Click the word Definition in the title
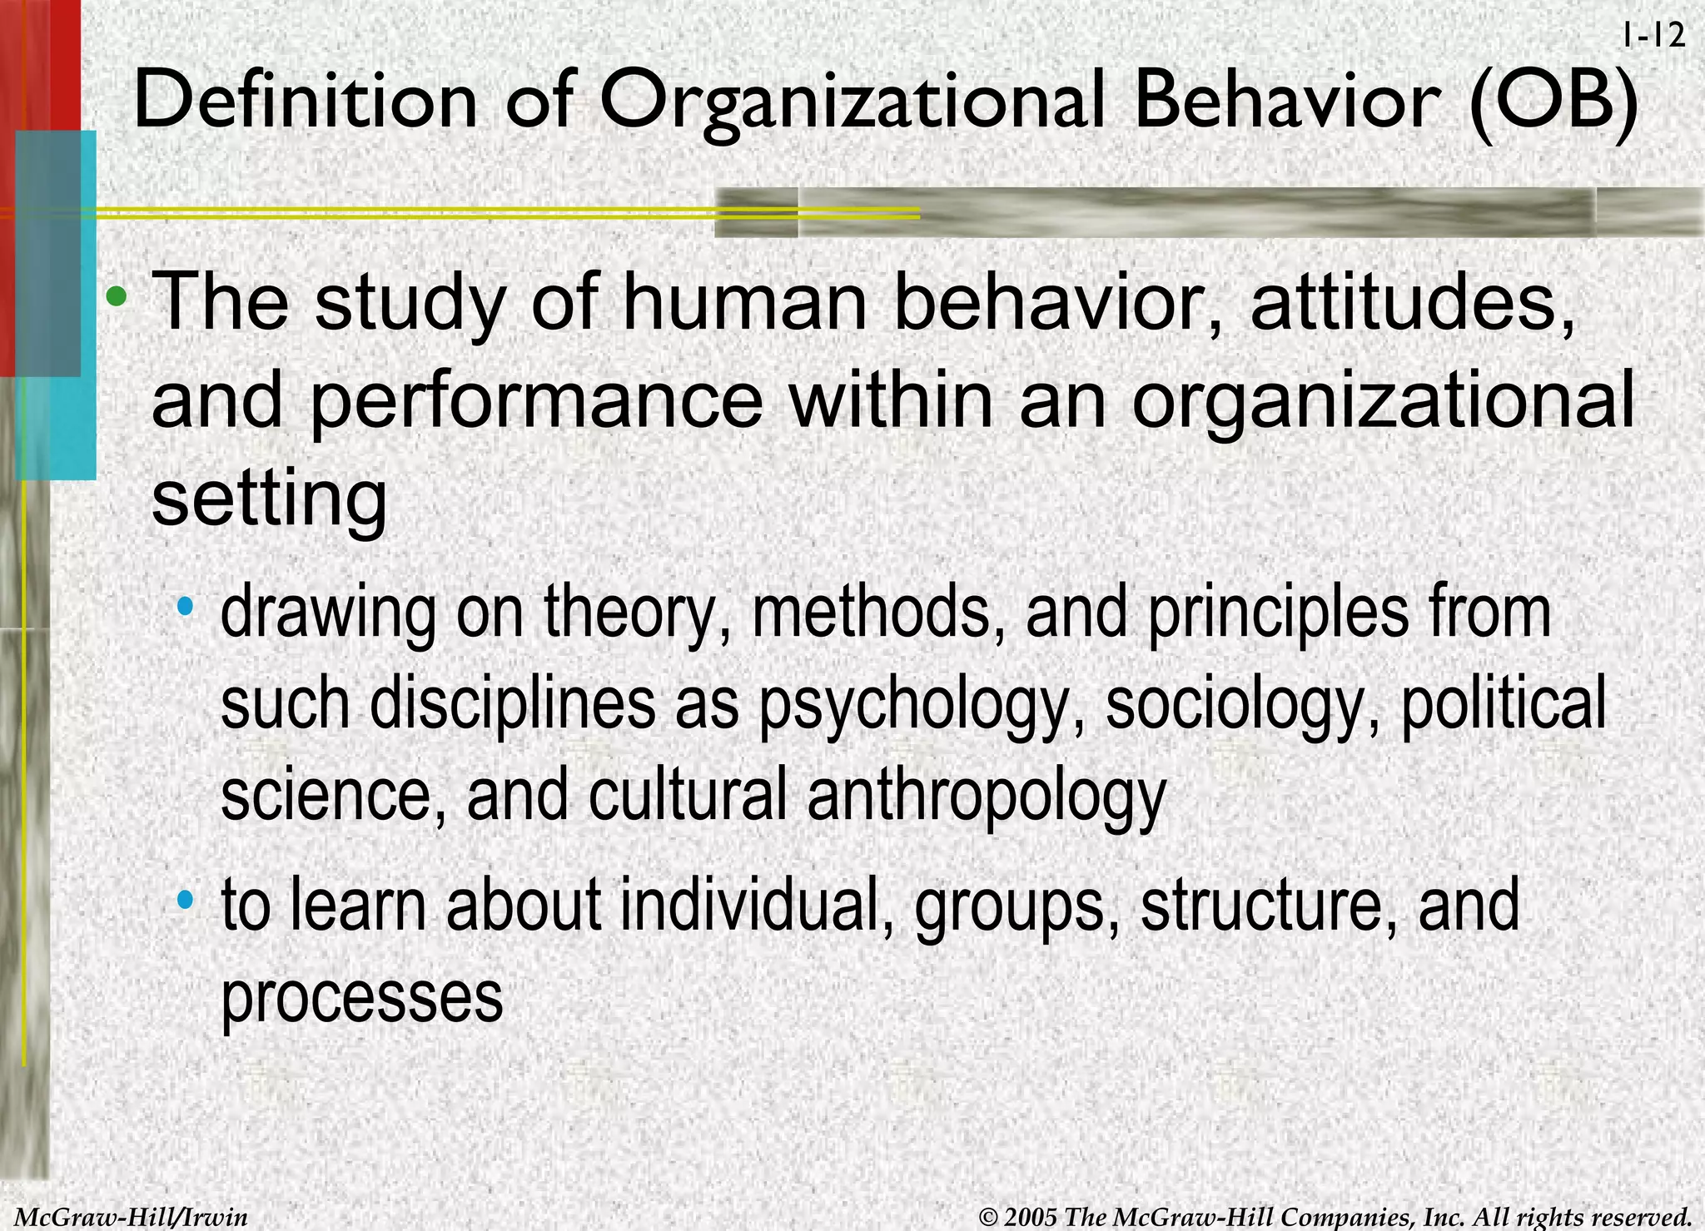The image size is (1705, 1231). [305, 101]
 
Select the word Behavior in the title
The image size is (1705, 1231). [1286, 101]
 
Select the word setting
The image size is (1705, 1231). [269, 499]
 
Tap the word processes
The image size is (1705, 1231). [362, 999]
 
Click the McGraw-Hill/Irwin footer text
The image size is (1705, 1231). [132, 1217]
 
